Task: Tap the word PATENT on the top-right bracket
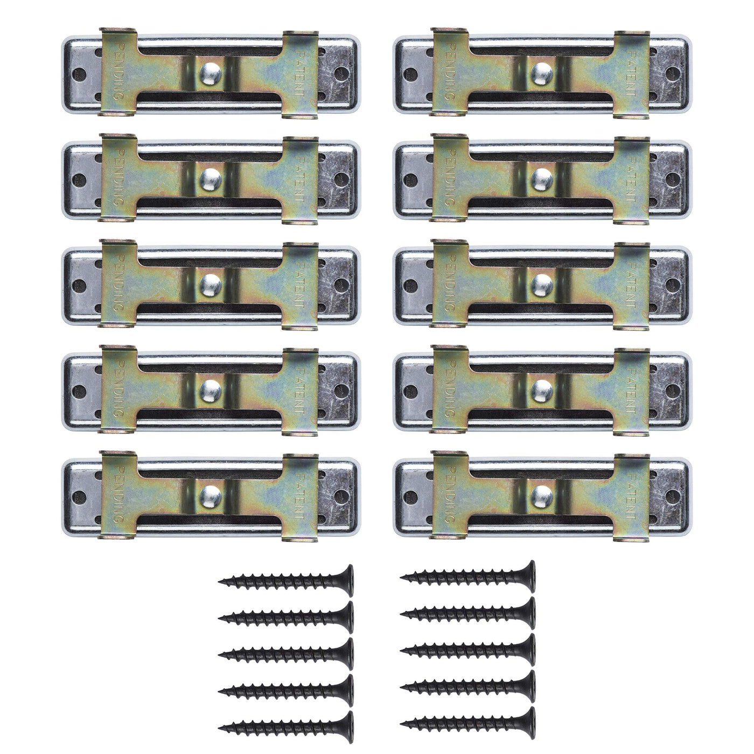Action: [x=630, y=72]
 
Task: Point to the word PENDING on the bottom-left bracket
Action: [x=118, y=495]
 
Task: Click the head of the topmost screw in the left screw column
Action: [x=347, y=581]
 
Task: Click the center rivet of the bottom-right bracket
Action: [x=542, y=497]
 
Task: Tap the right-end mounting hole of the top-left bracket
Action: [x=341, y=73]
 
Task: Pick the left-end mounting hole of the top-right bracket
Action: [x=411, y=73]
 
